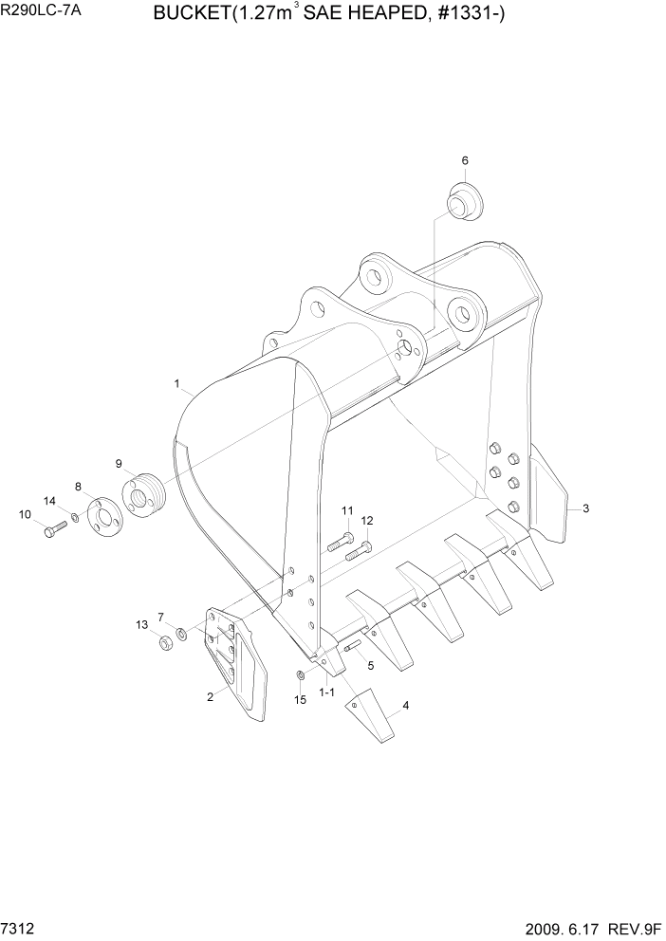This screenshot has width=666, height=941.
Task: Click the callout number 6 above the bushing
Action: (465, 161)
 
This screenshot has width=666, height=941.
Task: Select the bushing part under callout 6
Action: (464, 204)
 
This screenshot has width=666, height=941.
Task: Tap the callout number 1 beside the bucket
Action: (177, 383)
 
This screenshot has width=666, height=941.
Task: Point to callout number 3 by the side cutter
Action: (585, 508)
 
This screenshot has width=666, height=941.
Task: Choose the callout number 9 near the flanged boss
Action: (120, 464)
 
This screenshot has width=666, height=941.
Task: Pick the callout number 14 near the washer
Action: (50, 500)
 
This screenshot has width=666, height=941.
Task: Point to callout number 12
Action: (367, 520)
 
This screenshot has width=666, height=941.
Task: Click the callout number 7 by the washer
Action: (160, 617)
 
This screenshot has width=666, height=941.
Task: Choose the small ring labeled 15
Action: (300, 675)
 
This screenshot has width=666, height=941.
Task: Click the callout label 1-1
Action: (326, 693)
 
